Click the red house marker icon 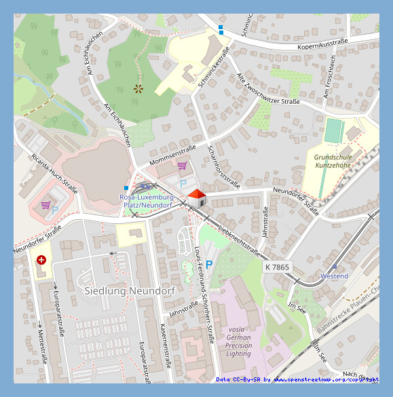click(196, 199)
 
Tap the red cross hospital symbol click(41, 260)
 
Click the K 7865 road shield click(277, 267)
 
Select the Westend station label click(334, 276)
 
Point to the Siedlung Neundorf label click(129, 290)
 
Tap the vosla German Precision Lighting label click(238, 341)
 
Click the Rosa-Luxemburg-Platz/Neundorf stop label click(146, 200)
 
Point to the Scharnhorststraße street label click(224, 167)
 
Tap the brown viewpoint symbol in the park click(139, 88)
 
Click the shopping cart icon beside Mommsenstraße click(182, 165)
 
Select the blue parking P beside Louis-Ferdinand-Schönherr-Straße click(209, 264)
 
